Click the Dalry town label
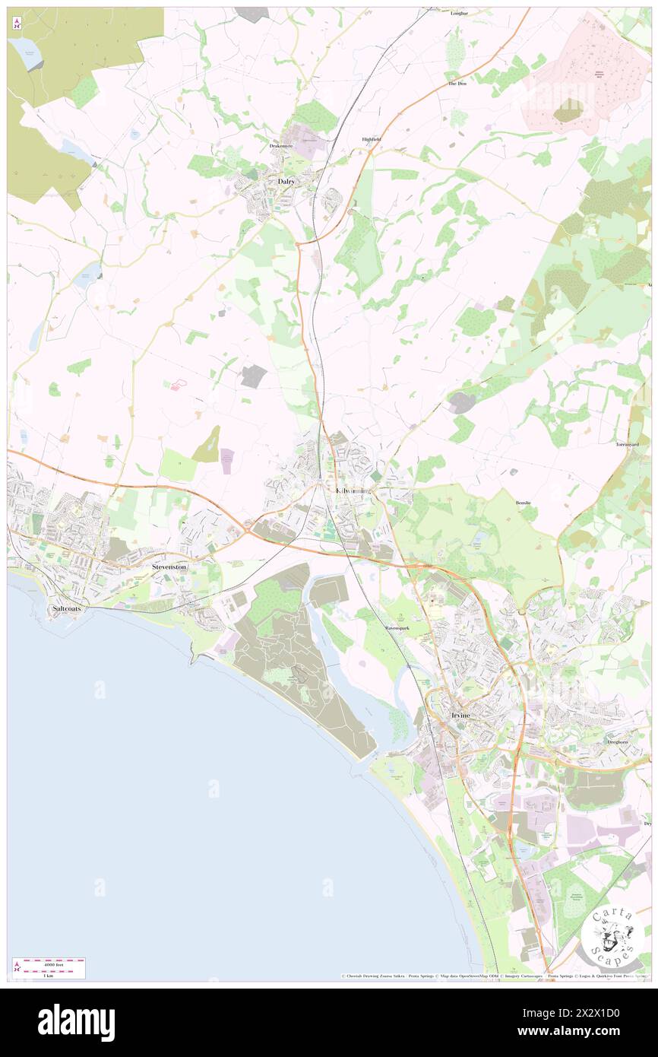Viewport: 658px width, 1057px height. pyautogui.click(x=286, y=182)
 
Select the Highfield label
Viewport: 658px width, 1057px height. pyautogui.click(x=371, y=139)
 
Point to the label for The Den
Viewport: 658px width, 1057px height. pyautogui.click(x=457, y=83)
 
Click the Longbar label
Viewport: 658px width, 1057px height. pyautogui.click(x=459, y=13)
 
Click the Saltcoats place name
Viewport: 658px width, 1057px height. pyautogui.click(x=67, y=609)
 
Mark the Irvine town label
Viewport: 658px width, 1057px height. pyautogui.click(x=460, y=716)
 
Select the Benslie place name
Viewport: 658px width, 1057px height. pyautogui.click(x=526, y=503)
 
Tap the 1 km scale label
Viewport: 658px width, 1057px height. pyautogui.click(x=48, y=975)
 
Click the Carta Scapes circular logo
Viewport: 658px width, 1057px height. pyautogui.click(x=612, y=938)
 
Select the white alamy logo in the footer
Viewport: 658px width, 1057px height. pyautogui.click(x=76, y=1023)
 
